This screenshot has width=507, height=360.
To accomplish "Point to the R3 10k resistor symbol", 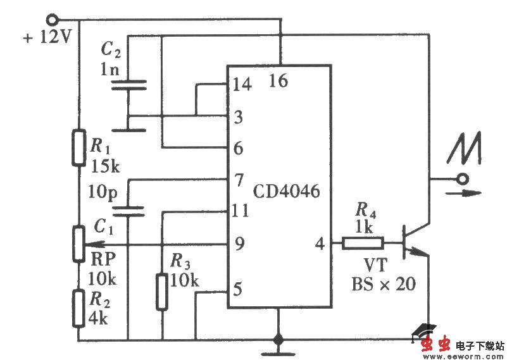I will click(x=163, y=292).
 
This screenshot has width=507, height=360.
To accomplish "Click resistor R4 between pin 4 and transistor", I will click(x=363, y=242).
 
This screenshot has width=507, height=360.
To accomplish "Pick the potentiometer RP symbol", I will click(x=78, y=244).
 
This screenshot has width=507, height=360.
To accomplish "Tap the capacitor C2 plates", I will click(x=128, y=85).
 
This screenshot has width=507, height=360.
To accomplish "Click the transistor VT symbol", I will click(x=415, y=242).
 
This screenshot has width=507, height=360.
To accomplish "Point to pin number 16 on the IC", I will click(x=279, y=80).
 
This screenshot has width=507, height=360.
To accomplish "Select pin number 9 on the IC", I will click(x=239, y=244).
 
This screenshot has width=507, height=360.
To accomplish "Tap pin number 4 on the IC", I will click(x=319, y=243).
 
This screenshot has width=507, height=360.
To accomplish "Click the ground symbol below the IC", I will click(x=277, y=341).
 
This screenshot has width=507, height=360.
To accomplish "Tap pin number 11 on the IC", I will click(x=240, y=211).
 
